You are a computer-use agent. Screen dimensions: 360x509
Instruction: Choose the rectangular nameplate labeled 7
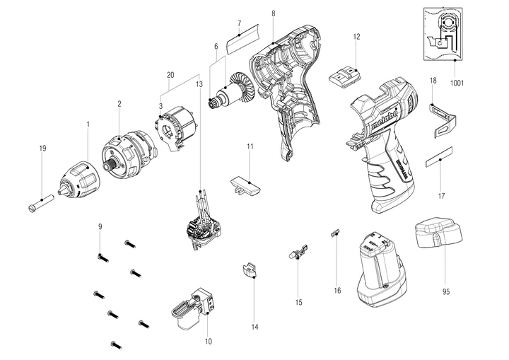248,40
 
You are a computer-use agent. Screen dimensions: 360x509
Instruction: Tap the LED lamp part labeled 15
298,251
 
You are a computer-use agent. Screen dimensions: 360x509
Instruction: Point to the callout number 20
170,75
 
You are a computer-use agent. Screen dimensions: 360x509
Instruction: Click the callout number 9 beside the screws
100,226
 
